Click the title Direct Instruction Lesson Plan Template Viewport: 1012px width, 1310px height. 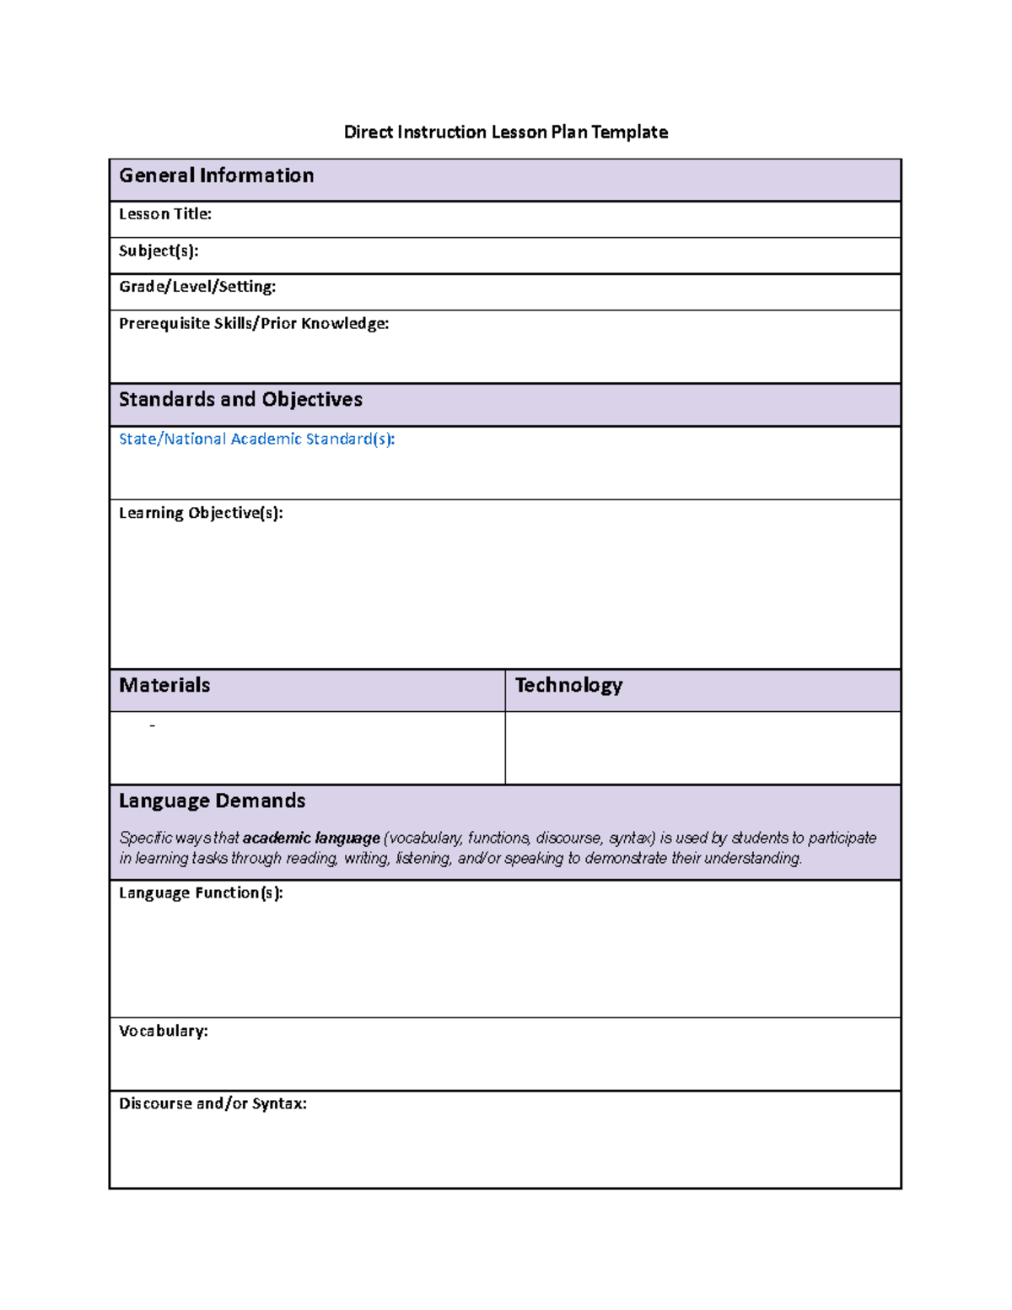click(505, 132)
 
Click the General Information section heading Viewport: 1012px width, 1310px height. click(217, 175)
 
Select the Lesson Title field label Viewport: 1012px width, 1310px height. click(164, 214)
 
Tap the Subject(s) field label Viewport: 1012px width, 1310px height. click(159, 251)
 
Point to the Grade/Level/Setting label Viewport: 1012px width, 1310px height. click(197, 287)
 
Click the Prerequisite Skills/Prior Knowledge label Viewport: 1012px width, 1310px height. click(254, 324)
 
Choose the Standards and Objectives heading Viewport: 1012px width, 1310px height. click(240, 400)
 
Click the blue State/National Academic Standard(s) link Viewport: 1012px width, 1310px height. click(256, 439)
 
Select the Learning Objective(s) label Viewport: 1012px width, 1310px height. click(201, 513)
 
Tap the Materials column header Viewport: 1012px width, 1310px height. click(164, 685)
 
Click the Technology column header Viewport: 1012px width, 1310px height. click(568, 685)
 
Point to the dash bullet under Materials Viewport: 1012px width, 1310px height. click(152, 726)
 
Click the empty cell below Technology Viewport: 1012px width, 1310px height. click(702, 748)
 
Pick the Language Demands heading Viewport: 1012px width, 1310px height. click(212, 801)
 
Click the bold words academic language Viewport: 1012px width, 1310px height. click(311, 838)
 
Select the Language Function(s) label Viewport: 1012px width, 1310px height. click(201, 893)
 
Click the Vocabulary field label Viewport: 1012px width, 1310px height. click(163, 1031)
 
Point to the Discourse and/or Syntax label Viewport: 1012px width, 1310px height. click(213, 1103)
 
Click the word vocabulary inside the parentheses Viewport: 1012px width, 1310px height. click(423, 838)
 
